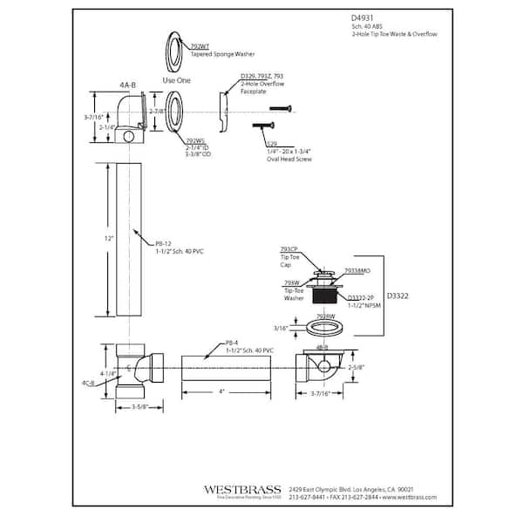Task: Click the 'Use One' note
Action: pos(177,79)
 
